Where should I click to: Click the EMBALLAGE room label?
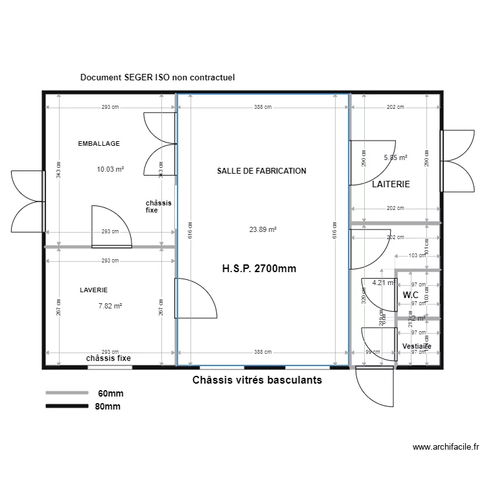[x=98, y=143]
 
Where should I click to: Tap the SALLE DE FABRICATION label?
[x=261, y=171]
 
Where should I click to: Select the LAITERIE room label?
[x=391, y=185]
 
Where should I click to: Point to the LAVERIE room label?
[x=93, y=290]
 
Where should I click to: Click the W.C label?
[x=411, y=295]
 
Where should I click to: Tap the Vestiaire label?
[x=416, y=347]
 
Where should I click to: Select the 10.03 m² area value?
[x=110, y=170]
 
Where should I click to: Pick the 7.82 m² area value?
[x=110, y=307]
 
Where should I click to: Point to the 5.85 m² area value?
[x=395, y=157]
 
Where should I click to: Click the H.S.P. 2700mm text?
[x=259, y=268]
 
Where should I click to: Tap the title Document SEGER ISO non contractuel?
[x=157, y=77]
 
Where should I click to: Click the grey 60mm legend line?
[x=66, y=393]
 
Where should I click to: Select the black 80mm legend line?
[x=66, y=406]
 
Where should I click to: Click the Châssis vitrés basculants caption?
[x=257, y=380]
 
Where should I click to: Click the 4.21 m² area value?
[x=383, y=283]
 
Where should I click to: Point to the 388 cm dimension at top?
[x=262, y=108]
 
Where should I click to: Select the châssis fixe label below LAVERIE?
[x=108, y=358]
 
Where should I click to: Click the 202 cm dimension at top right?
[x=395, y=108]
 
